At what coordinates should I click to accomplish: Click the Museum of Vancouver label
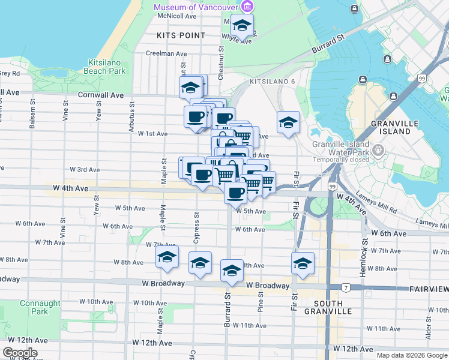coord(195,7)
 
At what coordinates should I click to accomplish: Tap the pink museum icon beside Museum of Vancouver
coord(247,7)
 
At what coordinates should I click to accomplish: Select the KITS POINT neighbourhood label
coord(181,35)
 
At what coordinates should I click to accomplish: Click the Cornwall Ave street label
coord(101,95)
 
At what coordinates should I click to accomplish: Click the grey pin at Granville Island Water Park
coord(378,149)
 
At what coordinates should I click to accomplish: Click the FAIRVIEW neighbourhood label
coord(429,289)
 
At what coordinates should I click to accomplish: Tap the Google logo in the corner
coord(19,353)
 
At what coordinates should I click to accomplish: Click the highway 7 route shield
coord(346,288)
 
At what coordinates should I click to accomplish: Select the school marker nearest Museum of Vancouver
coord(242,25)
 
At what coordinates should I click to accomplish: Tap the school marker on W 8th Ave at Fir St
coord(303,263)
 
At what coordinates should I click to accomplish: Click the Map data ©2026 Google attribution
coord(411,355)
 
